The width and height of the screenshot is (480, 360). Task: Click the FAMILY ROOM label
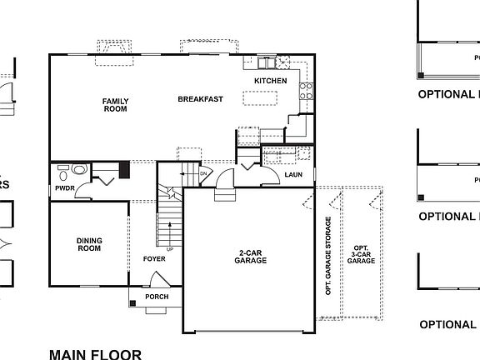115,105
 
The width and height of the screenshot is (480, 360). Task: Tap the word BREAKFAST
200,99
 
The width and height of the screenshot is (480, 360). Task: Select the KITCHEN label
270,81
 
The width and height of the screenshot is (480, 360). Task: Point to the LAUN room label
292,175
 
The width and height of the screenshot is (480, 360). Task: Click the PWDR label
65,188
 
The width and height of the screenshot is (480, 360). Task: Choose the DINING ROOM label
89,244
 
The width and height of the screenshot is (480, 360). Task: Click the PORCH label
157,297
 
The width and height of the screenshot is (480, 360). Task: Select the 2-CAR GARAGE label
250,256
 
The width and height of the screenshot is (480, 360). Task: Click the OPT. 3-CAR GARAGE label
361,255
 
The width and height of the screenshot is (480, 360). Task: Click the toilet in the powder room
64,174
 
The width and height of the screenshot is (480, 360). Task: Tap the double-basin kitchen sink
267,62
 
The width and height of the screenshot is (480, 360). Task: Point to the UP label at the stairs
171,249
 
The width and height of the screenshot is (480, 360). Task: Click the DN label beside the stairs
202,172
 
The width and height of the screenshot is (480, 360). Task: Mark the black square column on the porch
132,303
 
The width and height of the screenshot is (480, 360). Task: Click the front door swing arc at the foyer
156,309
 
